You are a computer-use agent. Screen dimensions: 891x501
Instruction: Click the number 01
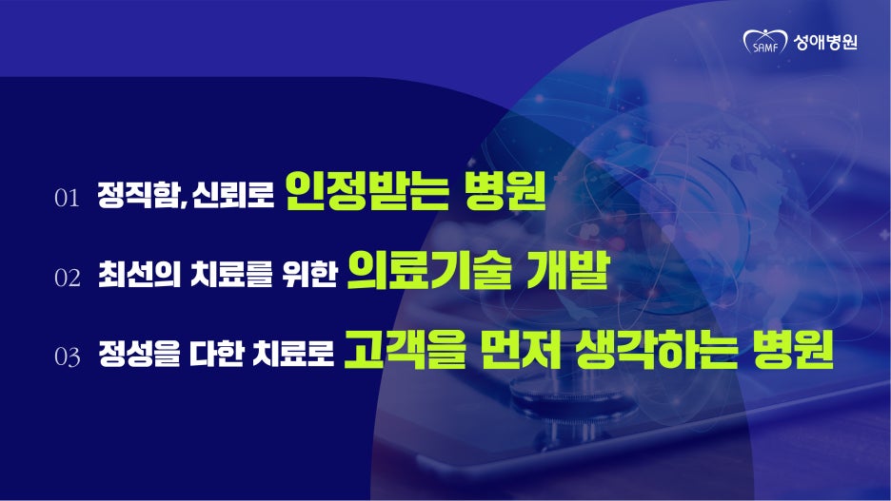click(67, 198)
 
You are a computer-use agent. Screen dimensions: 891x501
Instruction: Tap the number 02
click(67, 278)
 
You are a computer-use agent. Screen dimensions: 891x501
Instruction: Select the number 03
click(67, 356)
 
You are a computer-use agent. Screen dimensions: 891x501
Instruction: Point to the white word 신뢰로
click(233, 195)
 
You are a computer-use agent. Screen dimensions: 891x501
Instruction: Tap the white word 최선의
click(139, 274)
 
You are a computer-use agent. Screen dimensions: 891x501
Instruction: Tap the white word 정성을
click(139, 353)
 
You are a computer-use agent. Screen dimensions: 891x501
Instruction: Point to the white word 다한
click(216, 353)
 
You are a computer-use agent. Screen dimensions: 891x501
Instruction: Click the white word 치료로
click(294, 353)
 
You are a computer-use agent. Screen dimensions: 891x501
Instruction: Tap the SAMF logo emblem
click(764, 42)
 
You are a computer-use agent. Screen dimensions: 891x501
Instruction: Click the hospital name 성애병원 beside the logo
click(825, 42)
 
